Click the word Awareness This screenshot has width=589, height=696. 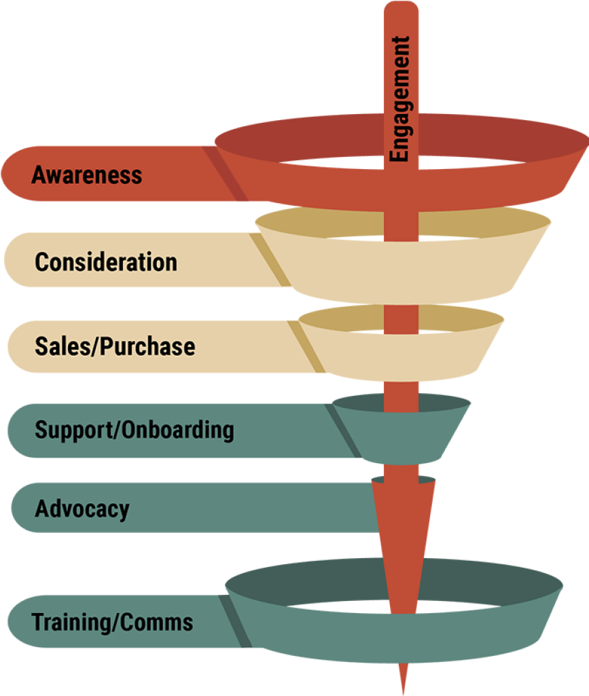click(87, 175)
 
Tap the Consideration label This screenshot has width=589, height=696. click(106, 262)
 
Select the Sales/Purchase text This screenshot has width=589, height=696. click(115, 346)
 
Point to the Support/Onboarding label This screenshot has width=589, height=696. click(135, 430)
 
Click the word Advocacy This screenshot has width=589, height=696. click(82, 509)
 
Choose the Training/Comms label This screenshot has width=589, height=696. click(113, 622)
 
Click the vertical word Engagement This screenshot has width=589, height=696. click(400, 99)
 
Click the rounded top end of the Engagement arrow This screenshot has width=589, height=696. click(400, 8)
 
